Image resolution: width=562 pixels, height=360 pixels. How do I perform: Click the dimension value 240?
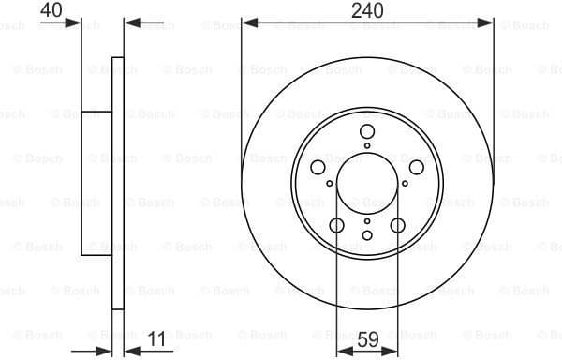click(366, 10)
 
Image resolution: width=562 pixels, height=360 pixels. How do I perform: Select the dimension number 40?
click(52, 10)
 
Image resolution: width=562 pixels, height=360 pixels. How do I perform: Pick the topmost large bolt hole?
click(367, 132)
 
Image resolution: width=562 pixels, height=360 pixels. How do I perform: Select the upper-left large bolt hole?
click(318, 167)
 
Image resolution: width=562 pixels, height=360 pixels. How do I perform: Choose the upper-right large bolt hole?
click(417, 167)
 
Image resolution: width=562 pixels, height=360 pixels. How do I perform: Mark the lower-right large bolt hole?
click(398, 225)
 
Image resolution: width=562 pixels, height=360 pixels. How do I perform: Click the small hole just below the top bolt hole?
click(367, 145)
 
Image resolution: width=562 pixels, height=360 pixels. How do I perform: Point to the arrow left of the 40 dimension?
click(75, 21)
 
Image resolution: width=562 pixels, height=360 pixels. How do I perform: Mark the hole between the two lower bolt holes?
click(367, 233)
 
